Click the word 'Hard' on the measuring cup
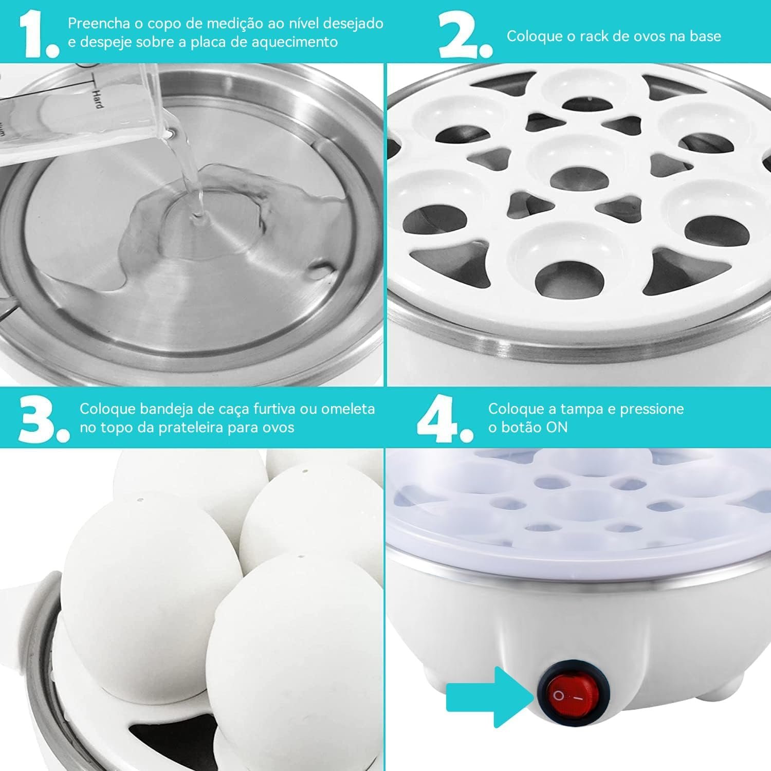tap(97, 98)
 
